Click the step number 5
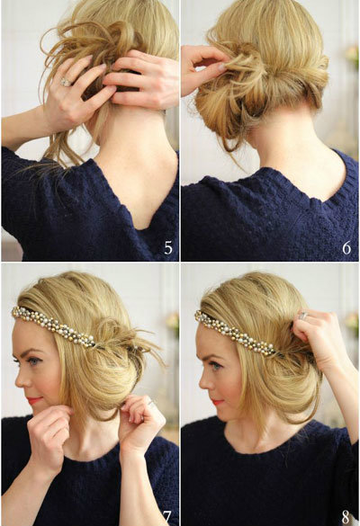click(168, 248)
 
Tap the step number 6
click(346, 248)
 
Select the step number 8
click(346, 518)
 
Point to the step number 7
click(167, 518)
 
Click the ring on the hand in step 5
click(65, 82)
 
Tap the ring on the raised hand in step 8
click(303, 316)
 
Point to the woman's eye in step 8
click(216, 365)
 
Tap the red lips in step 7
click(34, 400)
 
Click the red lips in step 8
click(218, 402)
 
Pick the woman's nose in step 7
click(20, 378)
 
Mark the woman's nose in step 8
click(203, 380)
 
